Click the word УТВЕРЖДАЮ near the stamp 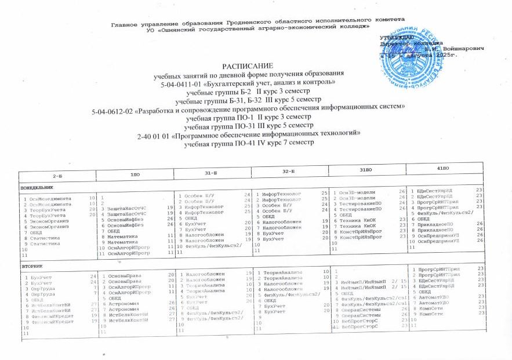(397, 37)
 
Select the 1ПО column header (135, 173)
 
